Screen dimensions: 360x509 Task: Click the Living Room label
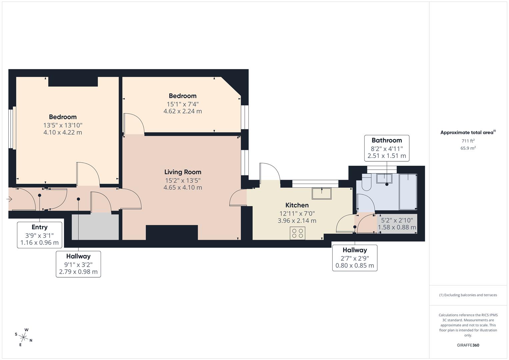[183, 172]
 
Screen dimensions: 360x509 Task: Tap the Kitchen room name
[297, 205]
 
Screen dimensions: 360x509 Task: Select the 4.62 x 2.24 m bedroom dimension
[182, 111]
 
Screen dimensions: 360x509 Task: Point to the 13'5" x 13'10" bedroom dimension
[63, 125]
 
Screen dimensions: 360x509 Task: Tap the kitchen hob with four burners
[297, 233]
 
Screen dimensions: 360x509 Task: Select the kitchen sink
[321, 193]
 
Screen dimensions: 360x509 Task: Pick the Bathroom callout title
[387, 140]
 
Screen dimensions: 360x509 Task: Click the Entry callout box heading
[39, 227]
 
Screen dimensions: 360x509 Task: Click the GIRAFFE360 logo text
[468, 345]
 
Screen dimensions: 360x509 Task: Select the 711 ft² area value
[468, 141]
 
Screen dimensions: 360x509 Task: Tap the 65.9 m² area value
[468, 148]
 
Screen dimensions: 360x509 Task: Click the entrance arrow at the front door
[9, 199]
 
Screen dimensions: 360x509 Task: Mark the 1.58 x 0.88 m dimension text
[397, 227]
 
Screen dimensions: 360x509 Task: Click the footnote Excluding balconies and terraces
[468, 295]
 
